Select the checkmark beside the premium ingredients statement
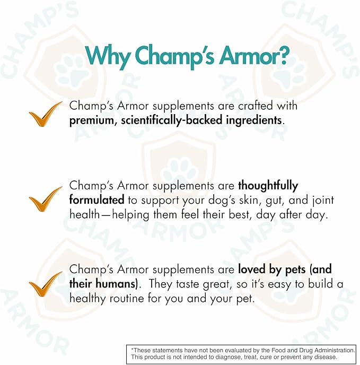[46, 112]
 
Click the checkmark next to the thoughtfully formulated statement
[46, 199]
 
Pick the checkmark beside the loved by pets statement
[46, 284]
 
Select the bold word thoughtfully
[268, 186]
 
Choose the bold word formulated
[96, 200]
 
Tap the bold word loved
[253, 270]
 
